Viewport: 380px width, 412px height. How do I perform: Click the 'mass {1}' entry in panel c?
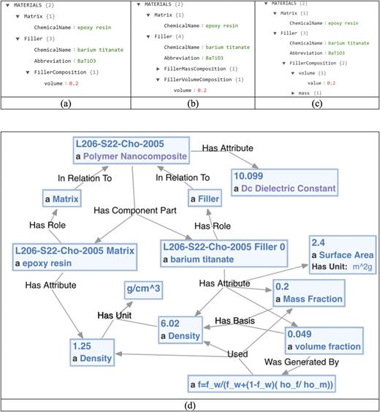(x=305, y=93)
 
